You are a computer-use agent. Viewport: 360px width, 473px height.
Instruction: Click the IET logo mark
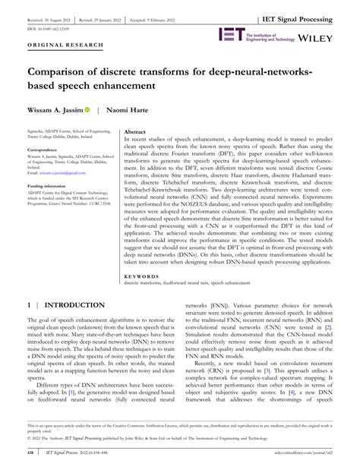tap(229, 33)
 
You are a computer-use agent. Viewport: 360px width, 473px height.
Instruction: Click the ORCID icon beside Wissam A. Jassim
tap(87, 110)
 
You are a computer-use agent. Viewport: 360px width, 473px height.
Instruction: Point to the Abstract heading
tap(135, 131)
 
